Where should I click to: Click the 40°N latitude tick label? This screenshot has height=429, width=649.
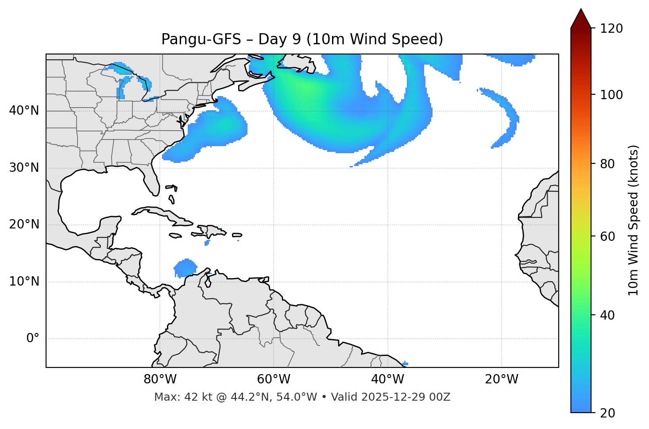(24, 111)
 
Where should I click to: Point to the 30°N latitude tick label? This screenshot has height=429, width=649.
(24, 168)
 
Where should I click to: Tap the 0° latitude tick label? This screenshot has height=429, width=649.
(32, 339)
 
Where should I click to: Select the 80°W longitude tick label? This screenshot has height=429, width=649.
(160, 379)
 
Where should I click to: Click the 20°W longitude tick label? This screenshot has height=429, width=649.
(502, 379)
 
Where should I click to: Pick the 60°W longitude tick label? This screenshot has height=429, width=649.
(274, 379)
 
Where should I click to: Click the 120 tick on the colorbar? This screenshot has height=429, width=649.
(611, 29)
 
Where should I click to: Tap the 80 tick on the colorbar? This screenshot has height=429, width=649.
(607, 164)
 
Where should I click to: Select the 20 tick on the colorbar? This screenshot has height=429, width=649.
(607, 413)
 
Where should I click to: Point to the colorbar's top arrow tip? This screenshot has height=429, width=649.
(581, 9)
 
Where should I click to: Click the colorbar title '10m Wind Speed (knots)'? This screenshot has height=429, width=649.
(634, 220)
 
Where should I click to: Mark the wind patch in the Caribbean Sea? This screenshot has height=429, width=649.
(185, 268)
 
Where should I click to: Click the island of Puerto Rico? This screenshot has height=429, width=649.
(237, 235)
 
